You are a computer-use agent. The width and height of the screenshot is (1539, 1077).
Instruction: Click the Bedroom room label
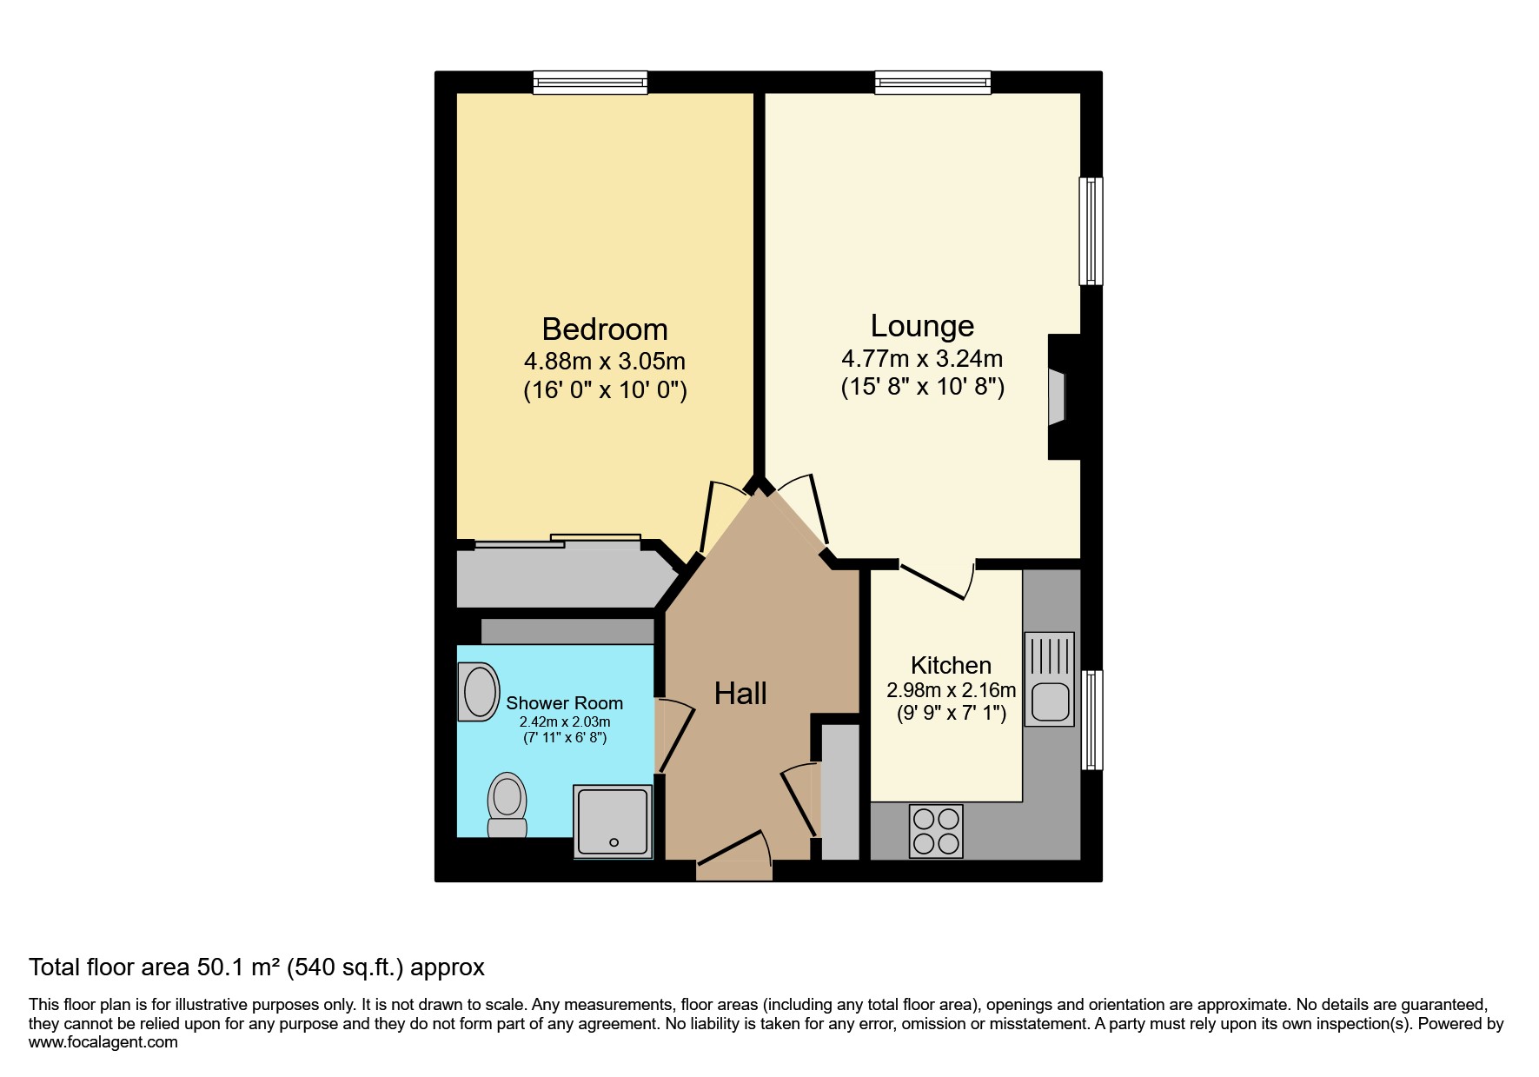pyautogui.click(x=604, y=329)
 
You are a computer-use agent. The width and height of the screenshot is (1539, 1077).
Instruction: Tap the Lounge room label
pyautogui.click(x=922, y=326)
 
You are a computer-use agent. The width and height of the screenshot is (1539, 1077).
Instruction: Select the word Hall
pyautogui.click(x=740, y=694)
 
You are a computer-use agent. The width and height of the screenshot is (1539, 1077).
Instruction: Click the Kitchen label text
pyautogui.click(x=951, y=666)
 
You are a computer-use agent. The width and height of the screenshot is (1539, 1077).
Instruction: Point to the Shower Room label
pyautogui.click(x=564, y=703)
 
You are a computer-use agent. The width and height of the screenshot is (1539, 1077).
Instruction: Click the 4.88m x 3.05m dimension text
pyautogui.click(x=604, y=360)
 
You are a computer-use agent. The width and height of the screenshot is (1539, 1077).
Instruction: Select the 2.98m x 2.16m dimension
pyautogui.click(x=951, y=691)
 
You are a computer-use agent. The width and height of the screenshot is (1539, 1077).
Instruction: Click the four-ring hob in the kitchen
pyautogui.click(x=936, y=831)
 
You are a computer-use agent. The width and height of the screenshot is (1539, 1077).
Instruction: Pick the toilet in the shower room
pyautogui.click(x=507, y=805)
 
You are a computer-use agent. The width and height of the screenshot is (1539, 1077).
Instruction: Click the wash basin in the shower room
pyautogui.click(x=479, y=692)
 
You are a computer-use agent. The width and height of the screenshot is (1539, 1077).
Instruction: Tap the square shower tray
pyautogui.click(x=613, y=821)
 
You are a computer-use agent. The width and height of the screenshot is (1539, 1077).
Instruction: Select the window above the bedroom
pyautogui.click(x=590, y=82)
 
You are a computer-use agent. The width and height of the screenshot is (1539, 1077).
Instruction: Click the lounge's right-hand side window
pyautogui.click(x=1091, y=231)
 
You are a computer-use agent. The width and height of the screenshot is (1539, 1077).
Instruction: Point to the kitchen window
pyautogui.click(x=1091, y=720)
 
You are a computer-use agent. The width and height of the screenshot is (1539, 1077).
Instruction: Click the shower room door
pyautogui.click(x=674, y=736)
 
